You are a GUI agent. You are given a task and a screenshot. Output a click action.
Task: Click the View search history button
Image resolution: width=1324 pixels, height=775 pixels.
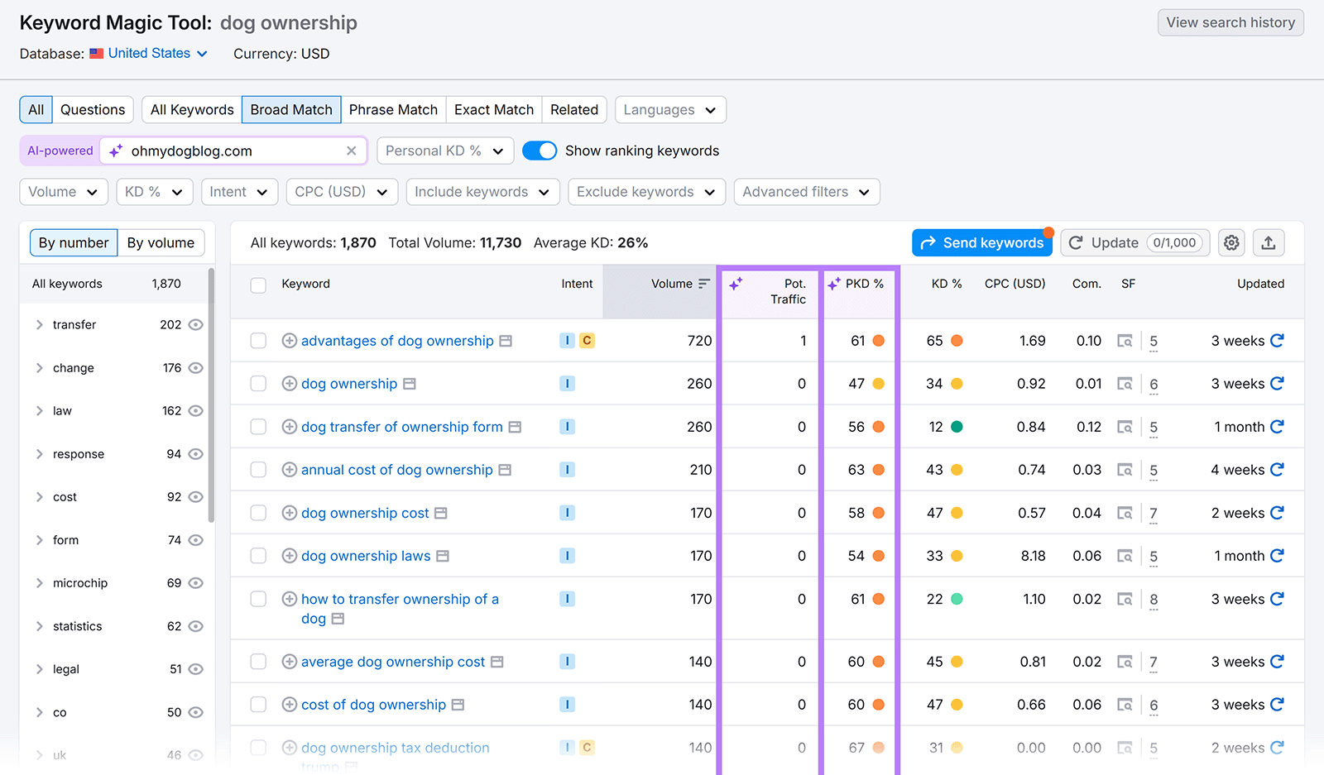tap(1230, 22)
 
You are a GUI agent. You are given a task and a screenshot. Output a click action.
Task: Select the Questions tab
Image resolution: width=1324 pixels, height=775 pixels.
tap(93, 110)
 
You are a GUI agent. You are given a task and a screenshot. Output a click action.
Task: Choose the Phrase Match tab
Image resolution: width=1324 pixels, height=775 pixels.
tap(393, 110)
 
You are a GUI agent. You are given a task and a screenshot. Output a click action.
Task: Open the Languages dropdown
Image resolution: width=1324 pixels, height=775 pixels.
tap(669, 110)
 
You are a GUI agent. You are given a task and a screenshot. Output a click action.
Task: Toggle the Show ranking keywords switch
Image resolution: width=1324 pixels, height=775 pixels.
tap(540, 151)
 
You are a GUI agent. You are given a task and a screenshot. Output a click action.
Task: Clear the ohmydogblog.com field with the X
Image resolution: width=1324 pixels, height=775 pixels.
tap(352, 151)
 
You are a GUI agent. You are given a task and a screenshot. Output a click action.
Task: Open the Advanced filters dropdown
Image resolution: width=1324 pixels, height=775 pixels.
tap(806, 192)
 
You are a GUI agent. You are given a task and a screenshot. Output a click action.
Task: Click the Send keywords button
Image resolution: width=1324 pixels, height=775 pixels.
tap(981, 242)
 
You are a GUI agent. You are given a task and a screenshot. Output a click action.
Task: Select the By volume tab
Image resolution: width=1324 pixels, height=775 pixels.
tap(161, 242)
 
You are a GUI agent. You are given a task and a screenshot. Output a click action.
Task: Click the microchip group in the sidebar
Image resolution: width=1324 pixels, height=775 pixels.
tap(80, 583)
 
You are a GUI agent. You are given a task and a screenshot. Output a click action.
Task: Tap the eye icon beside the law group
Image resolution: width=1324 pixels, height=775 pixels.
tap(196, 411)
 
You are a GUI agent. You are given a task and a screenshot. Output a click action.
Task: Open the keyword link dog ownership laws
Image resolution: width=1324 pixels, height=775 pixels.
tap(366, 556)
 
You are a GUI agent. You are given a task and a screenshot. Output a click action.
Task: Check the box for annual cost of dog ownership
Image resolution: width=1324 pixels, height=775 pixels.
tap(258, 470)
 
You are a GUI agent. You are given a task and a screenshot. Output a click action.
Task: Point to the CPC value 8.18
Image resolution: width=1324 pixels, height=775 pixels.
tap(1033, 556)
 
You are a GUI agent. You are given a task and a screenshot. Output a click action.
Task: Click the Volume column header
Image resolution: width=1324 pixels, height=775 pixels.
tap(672, 284)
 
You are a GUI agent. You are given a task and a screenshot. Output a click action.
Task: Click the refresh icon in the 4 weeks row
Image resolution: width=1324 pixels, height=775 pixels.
tap(1277, 470)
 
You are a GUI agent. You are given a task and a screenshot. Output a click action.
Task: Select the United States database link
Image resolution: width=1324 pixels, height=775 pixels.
tap(149, 54)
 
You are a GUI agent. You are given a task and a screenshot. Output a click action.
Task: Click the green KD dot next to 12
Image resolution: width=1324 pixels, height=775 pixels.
tap(957, 427)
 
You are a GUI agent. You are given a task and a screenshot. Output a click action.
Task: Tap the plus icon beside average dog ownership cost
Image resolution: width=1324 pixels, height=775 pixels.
tap(290, 662)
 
